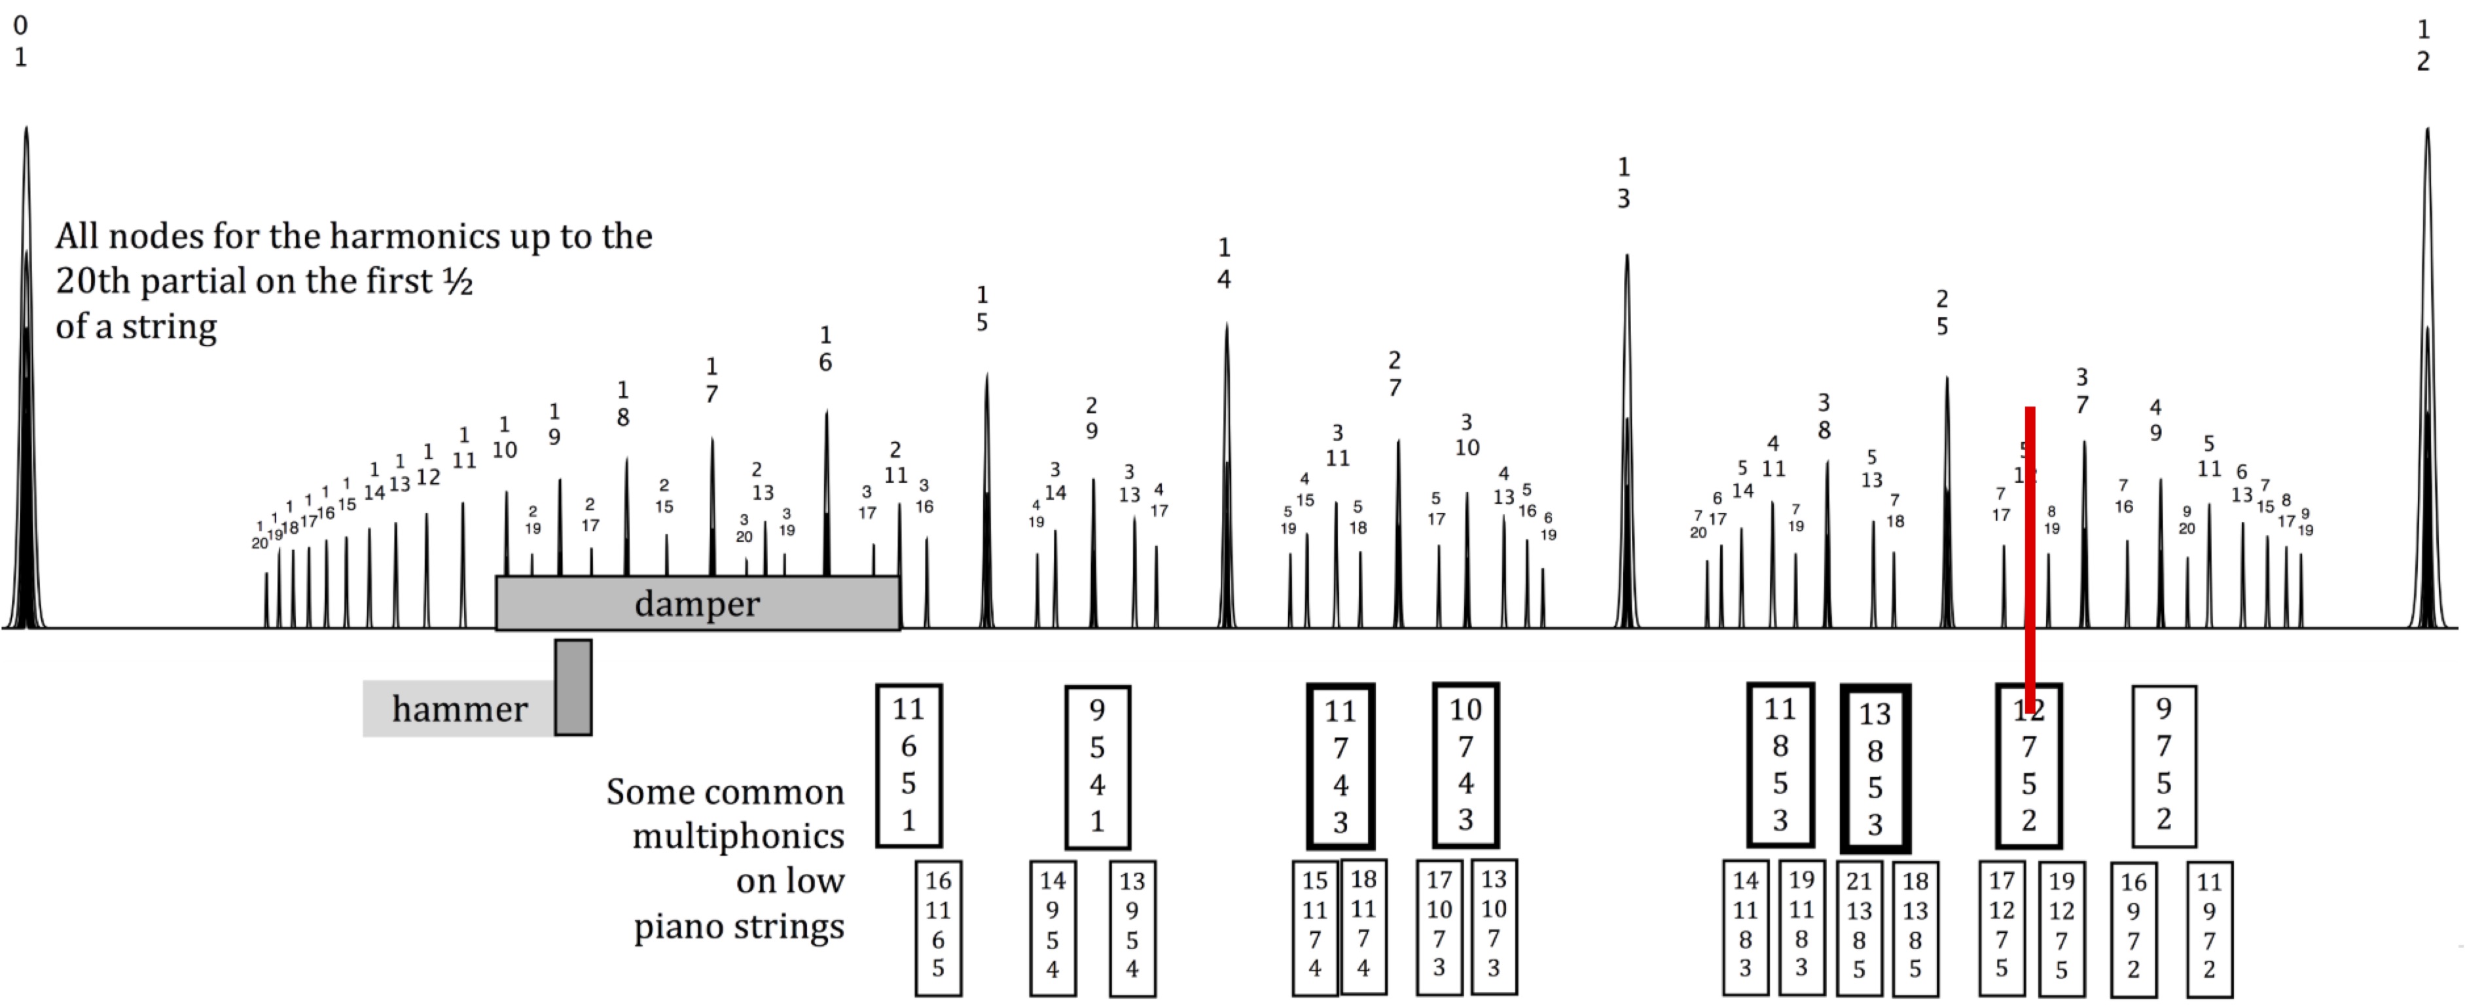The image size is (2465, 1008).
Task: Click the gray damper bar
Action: pyautogui.click(x=696, y=604)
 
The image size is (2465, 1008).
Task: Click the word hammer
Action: pyautogui.click(x=459, y=708)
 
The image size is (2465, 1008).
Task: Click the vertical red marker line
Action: pyautogui.click(x=2030, y=555)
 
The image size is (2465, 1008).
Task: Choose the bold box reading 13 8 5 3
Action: pyautogui.click(x=1875, y=768)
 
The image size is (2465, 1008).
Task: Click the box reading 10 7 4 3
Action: pyautogui.click(x=1465, y=765)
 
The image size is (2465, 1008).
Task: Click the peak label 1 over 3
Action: pyautogui.click(x=1624, y=182)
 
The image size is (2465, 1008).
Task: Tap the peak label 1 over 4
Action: pyautogui.click(x=1224, y=263)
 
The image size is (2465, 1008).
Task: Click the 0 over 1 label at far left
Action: pyautogui.click(x=20, y=41)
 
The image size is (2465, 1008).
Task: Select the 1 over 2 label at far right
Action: pyautogui.click(x=2424, y=45)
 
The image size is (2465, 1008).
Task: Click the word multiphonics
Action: pyautogui.click(x=738, y=837)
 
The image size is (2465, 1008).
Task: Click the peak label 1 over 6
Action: pyautogui.click(x=825, y=348)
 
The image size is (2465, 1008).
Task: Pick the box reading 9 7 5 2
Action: pyautogui.click(x=2163, y=765)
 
